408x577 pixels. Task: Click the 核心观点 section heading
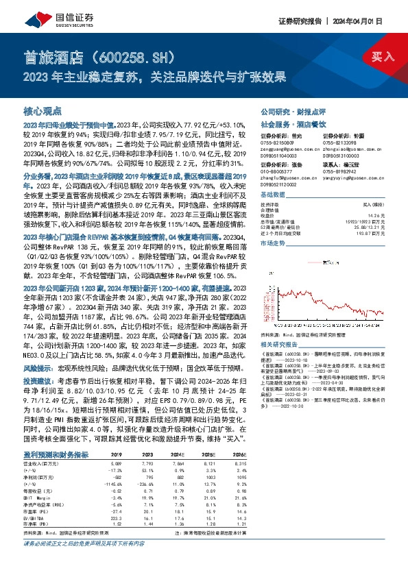[43, 110]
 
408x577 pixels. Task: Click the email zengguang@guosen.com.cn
[281, 147]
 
